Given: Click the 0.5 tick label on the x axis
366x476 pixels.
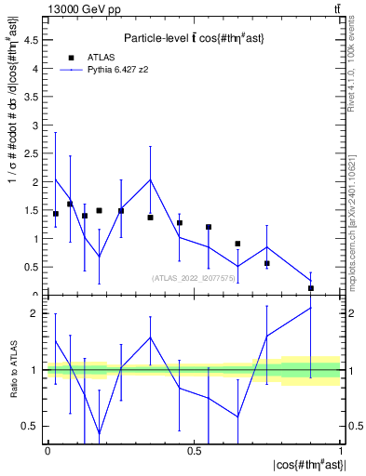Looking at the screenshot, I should pyautogui.click(x=194, y=451).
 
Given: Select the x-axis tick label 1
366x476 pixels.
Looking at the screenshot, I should pyautogui.click(x=340, y=451).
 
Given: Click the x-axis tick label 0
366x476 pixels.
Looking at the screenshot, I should pyautogui.click(x=47, y=451).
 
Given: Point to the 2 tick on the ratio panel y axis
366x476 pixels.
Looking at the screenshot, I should pyautogui.click(x=38, y=313).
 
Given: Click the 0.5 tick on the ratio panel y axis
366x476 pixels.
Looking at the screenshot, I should pyautogui.click(x=33, y=426).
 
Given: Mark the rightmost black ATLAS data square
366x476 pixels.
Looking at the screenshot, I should pyautogui.click(x=311, y=288).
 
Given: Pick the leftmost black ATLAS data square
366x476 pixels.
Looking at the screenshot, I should pyautogui.click(x=56, y=214).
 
